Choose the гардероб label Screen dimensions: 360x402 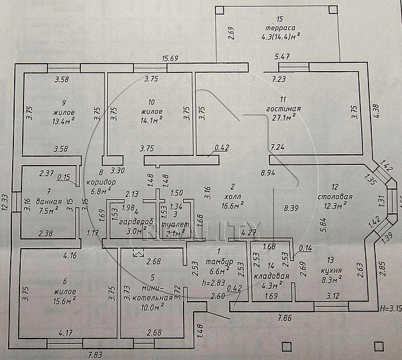[141, 221]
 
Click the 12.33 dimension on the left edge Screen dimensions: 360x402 [6, 203]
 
